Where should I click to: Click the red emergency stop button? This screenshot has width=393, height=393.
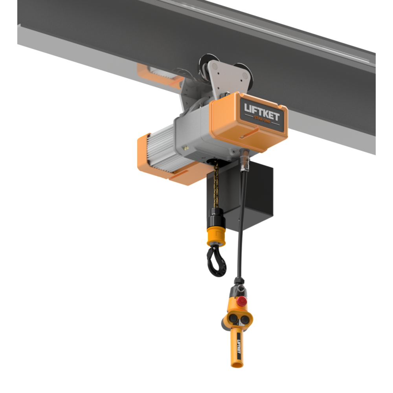[x=241, y=301]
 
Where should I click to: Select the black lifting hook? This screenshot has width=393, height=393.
[x=216, y=261]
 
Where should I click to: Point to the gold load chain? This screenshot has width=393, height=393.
[x=215, y=185]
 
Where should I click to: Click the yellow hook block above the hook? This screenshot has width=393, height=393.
[x=216, y=236]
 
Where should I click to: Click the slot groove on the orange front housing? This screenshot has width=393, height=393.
[x=248, y=136]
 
